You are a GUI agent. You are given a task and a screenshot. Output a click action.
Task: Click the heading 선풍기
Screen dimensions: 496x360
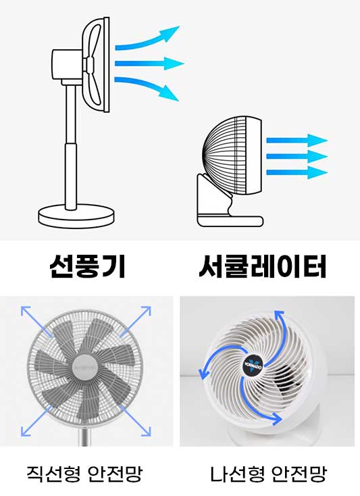tap(88, 268)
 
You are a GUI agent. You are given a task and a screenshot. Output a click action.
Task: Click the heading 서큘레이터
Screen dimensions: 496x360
tap(263, 268)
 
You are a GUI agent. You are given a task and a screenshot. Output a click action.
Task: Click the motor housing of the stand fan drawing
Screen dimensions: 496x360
tap(66, 64)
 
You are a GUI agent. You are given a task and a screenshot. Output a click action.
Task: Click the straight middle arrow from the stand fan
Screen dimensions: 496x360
tap(149, 64)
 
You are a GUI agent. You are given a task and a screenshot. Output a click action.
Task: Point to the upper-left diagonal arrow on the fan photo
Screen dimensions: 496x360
tap(36, 322)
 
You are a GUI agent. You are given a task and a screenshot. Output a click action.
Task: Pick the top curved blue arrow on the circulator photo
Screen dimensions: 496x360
tap(284, 331)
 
